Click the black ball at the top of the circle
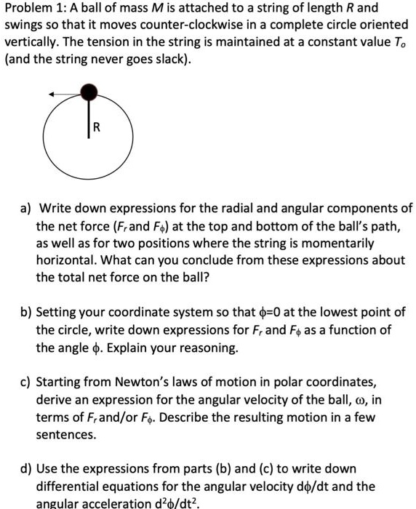tap(89, 92)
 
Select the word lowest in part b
tap(345, 313)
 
